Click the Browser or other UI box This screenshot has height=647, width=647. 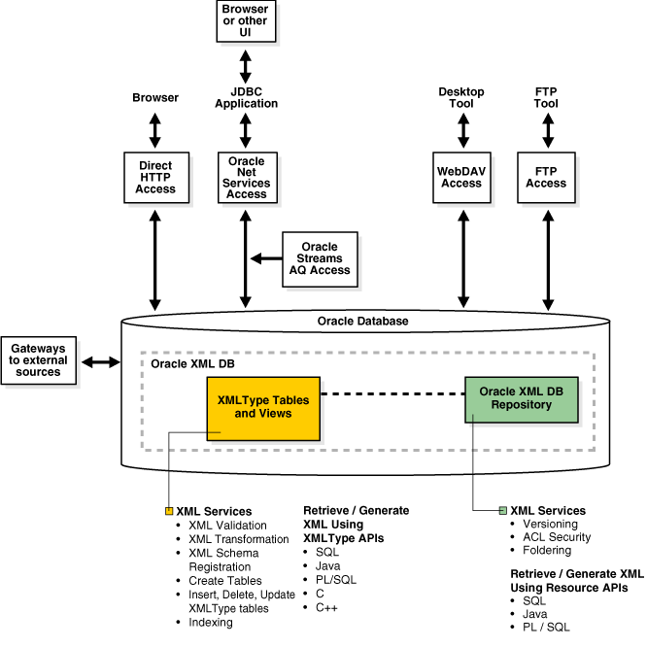pyautogui.click(x=245, y=21)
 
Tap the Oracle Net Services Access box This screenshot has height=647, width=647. pyautogui.click(x=246, y=177)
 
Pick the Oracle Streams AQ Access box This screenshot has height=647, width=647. pyautogui.click(x=320, y=257)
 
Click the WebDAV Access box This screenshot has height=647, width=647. pyautogui.click(x=461, y=177)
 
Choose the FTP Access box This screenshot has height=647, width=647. pyautogui.click(x=546, y=177)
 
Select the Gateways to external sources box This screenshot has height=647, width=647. pyautogui.click(x=39, y=360)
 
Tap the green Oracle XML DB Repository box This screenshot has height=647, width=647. pyautogui.click(x=522, y=398)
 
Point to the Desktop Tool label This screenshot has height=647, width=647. pyautogui.click(x=461, y=97)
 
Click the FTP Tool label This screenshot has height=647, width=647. pyautogui.click(x=546, y=97)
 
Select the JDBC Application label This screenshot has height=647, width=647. pyautogui.click(x=246, y=97)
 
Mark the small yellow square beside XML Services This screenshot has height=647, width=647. pyautogui.click(x=169, y=511)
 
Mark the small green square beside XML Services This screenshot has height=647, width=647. pyautogui.click(x=503, y=511)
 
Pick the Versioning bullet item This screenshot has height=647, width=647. pyautogui.click(x=550, y=525)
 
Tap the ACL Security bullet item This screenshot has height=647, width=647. pyautogui.click(x=557, y=537)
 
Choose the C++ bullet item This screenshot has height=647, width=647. pyautogui.click(x=326, y=606)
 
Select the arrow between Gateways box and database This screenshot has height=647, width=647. pyautogui.click(x=100, y=362)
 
